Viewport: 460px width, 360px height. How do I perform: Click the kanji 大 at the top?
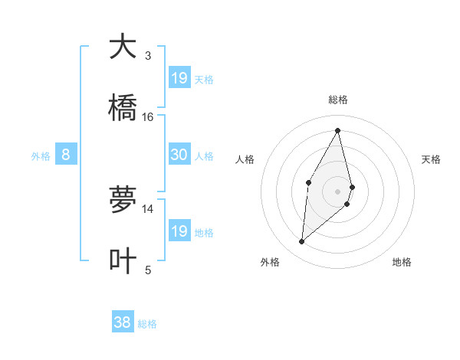(123, 47)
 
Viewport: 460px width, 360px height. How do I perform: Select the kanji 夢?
(123, 199)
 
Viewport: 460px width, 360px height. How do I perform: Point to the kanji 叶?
(123, 260)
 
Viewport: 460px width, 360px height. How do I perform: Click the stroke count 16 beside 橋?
(148, 117)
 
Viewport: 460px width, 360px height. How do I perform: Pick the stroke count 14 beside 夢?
(148, 208)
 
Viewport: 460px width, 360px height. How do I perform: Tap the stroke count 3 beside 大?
(148, 56)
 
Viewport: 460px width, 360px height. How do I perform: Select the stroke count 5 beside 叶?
(148, 270)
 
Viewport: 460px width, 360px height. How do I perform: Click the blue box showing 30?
(179, 155)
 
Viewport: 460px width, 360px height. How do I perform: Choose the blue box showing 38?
(123, 322)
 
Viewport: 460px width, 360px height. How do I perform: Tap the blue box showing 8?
(66, 155)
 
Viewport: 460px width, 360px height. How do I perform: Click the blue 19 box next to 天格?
(179, 77)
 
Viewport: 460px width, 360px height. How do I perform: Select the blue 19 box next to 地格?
(179, 231)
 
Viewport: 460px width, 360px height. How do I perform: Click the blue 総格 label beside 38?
(147, 324)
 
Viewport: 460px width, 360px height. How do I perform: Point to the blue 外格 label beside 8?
(41, 156)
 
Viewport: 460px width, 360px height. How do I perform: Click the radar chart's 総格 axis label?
(338, 100)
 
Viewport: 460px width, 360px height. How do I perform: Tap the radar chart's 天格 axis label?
(432, 159)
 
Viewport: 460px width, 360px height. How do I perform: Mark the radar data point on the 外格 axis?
(302, 242)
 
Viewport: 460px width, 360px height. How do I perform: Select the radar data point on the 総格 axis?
(338, 130)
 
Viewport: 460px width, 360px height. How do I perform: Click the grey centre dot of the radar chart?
(338, 191)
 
